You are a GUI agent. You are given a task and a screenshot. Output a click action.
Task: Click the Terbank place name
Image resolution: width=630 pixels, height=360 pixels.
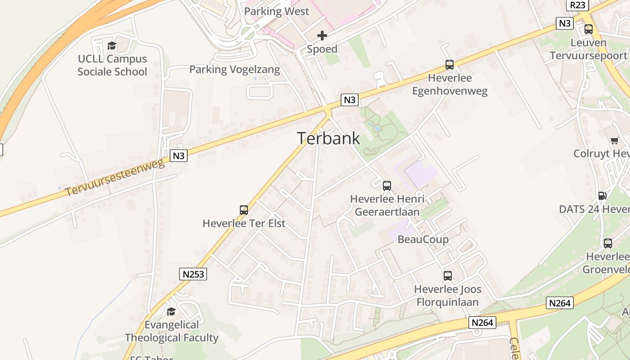point(328,139)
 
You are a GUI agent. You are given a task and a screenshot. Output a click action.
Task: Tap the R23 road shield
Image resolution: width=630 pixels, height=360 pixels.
point(578,5)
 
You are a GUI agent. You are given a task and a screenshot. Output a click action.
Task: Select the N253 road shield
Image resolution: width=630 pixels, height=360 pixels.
point(193,274)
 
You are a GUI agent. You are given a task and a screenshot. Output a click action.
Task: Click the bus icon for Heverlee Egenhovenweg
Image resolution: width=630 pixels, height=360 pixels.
point(449,64)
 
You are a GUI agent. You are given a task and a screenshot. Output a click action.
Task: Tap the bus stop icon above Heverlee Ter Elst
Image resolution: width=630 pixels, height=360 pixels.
point(244,210)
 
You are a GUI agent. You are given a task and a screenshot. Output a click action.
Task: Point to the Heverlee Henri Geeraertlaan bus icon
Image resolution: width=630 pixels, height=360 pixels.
point(387,185)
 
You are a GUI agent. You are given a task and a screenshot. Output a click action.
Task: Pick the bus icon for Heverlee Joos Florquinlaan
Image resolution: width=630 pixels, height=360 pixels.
point(447,276)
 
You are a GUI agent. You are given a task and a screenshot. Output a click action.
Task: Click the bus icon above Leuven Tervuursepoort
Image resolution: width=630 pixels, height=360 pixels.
point(588,29)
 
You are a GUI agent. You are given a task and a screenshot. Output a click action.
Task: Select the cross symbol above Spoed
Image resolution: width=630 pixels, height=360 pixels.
point(322,36)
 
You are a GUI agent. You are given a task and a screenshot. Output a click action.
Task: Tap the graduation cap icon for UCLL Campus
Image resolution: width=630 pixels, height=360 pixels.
point(112,45)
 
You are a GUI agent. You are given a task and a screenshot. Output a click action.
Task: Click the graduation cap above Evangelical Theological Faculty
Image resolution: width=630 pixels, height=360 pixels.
point(171,311)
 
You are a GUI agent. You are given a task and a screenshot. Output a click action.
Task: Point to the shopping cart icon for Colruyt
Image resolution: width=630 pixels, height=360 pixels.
point(614,140)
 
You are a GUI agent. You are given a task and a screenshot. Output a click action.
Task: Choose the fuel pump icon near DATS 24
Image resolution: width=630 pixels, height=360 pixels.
point(602,196)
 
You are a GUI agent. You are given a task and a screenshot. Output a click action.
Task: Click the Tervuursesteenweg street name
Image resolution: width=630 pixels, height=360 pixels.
point(115,177)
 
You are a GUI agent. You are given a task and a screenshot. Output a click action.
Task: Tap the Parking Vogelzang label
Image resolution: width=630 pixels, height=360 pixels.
point(234,70)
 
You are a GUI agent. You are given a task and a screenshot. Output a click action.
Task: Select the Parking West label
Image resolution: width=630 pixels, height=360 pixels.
point(276,12)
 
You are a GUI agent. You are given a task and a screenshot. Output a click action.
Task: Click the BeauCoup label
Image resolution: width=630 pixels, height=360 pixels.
point(423,239)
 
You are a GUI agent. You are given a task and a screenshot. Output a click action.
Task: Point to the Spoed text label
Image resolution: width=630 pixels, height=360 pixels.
point(322,49)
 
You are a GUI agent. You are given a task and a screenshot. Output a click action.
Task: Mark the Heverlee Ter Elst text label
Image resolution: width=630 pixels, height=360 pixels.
point(244,223)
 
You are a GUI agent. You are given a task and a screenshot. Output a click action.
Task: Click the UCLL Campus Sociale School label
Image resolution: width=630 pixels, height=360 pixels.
point(112,65)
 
